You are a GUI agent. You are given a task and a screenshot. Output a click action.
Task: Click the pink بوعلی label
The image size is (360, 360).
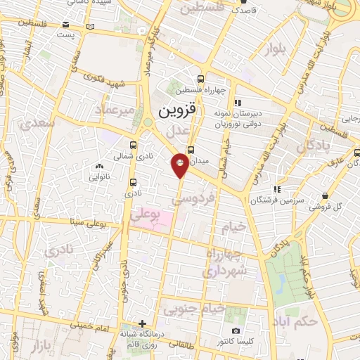[x=146, y=215]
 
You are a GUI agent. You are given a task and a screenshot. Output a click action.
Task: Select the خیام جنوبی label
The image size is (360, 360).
[x=193, y=308]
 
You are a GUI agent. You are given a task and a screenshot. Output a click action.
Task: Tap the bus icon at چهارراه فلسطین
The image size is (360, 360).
[x=201, y=79]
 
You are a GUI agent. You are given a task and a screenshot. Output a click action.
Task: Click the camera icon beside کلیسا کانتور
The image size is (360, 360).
[x=236, y=330]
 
